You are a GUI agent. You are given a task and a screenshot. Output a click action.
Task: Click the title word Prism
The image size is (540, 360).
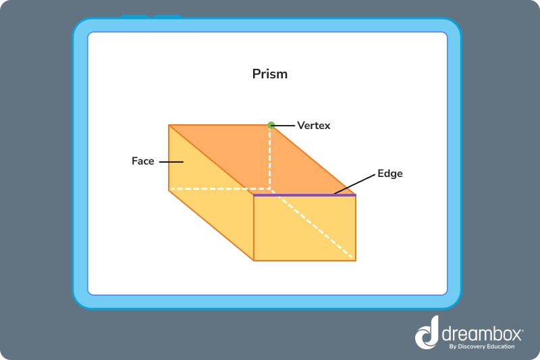pos(269,74)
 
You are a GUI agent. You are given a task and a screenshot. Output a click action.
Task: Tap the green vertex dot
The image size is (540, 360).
pos(271,125)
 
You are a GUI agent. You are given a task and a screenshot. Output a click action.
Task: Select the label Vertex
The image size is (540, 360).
pos(314,126)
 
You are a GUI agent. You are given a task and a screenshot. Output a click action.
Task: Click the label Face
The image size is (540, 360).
pos(142,161)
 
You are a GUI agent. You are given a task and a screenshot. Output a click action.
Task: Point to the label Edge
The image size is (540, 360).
pos(390,174)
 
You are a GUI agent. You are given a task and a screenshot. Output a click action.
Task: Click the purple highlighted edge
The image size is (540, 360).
pos(304,195)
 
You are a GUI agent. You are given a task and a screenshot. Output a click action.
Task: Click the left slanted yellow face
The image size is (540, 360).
pos(202,196)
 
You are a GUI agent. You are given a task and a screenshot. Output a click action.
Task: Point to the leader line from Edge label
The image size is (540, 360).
pos(354,184)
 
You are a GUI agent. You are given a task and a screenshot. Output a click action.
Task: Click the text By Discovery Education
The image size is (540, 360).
pos(481,346)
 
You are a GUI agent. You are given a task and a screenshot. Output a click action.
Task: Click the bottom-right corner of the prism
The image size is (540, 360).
pos(355,260)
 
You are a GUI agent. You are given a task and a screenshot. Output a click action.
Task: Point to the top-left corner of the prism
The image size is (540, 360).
pos(169,125)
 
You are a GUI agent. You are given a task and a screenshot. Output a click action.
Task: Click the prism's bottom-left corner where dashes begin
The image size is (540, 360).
pos(169,190)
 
